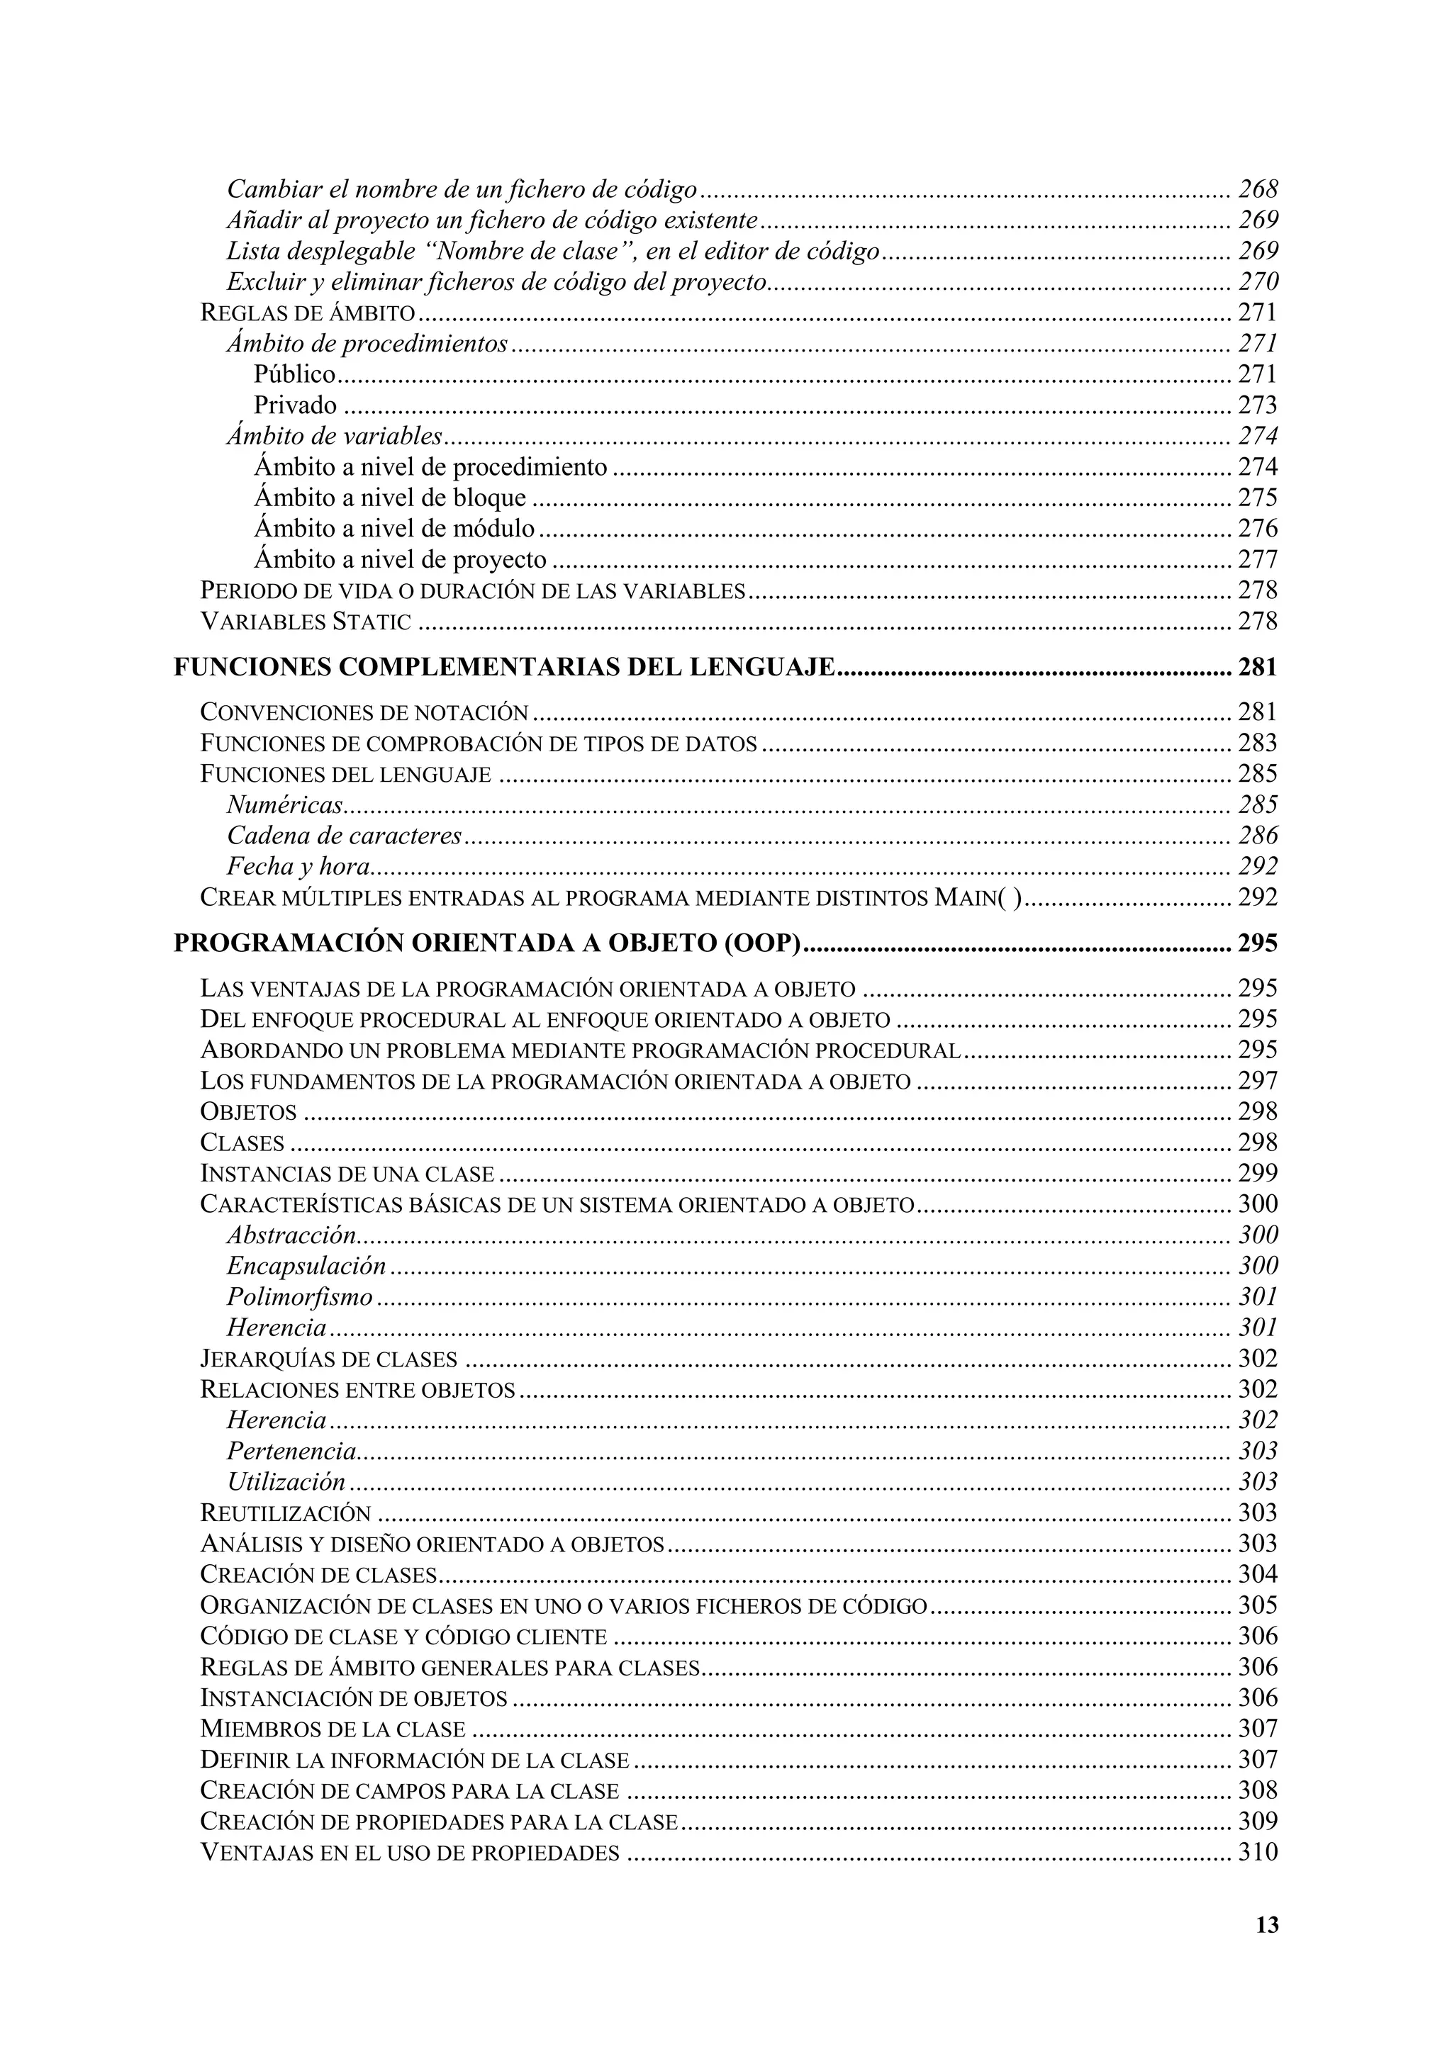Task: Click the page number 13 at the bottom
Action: tap(1267, 1925)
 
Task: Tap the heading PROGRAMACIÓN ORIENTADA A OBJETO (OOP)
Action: tap(486, 944)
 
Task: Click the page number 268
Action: tap(1258, 190)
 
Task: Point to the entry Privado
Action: tap(295, 406)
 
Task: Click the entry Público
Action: tap(294, 375)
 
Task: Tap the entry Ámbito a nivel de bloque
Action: tap(390, 498)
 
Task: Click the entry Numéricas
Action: tap(284, 805)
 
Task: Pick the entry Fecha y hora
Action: tap(298, 867)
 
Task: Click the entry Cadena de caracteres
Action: tap(345, 836)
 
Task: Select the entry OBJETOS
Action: tap(249, 1113)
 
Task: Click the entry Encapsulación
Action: tap(306, 1266)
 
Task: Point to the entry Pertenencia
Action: tap(291, 1451)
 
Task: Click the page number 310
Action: tap(1258, 1853)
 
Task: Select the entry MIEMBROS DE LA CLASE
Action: tap(333, 1729)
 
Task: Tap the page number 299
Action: tap(1258, 1174)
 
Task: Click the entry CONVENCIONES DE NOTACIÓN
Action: tap(364, 713)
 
